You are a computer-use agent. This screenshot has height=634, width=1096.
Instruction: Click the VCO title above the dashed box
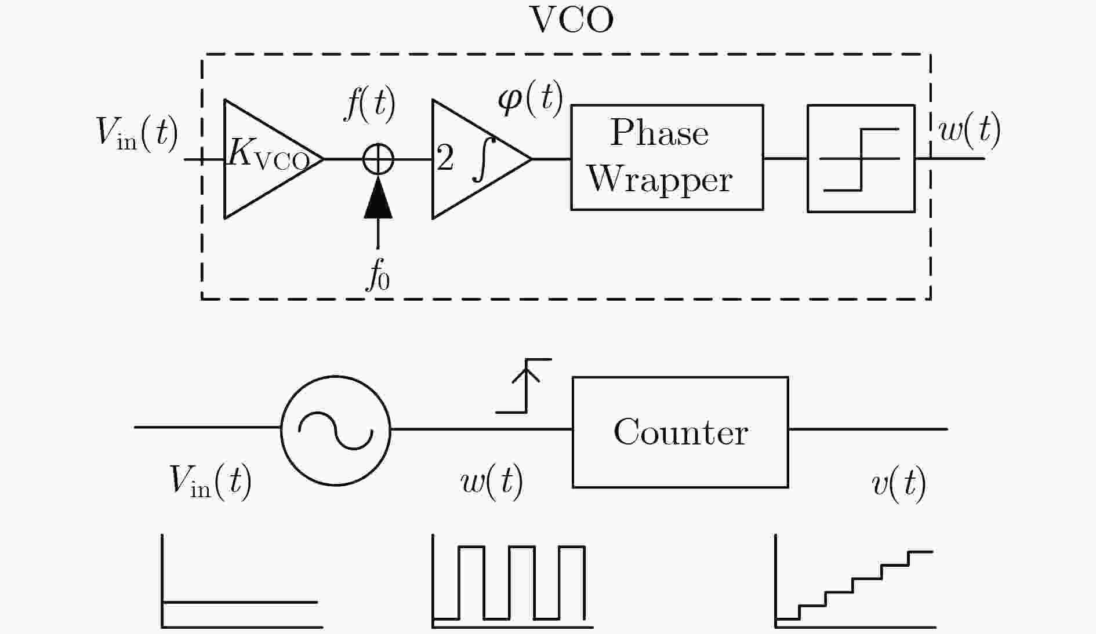tap(572, 20)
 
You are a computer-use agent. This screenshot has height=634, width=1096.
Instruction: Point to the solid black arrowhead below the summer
tap(378, 198)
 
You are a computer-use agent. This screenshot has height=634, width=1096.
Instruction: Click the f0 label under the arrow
tap(378, 274)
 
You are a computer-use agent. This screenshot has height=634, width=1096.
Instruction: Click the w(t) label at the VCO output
tap(970, 130)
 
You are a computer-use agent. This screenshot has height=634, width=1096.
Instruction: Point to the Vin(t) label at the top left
tap(137, 133)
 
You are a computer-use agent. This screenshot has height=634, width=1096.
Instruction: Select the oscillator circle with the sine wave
tap(336, 377)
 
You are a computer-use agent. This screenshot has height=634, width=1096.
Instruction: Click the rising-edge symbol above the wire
tap(526, 385)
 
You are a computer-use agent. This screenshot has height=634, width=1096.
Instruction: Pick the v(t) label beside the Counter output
tap(899, 483)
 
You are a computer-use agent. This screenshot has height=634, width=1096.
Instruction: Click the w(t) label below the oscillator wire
tap(492, 482)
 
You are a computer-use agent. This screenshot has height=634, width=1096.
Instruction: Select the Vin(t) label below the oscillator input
tap(211, 481)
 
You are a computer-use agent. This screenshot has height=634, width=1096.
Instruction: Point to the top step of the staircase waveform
tap(920, 552)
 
